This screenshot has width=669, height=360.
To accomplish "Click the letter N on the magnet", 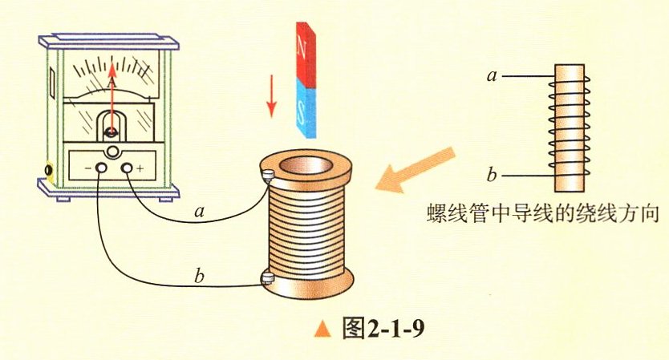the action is [302, 47].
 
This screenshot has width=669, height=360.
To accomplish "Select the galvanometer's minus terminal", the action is [101, 168].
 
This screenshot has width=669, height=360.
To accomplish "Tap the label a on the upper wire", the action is [199, 212].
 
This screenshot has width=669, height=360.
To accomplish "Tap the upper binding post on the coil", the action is [267, 173].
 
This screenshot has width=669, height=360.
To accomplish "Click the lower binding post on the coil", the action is [267, 278].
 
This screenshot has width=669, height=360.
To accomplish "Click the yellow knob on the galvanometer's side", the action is [50, 171].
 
